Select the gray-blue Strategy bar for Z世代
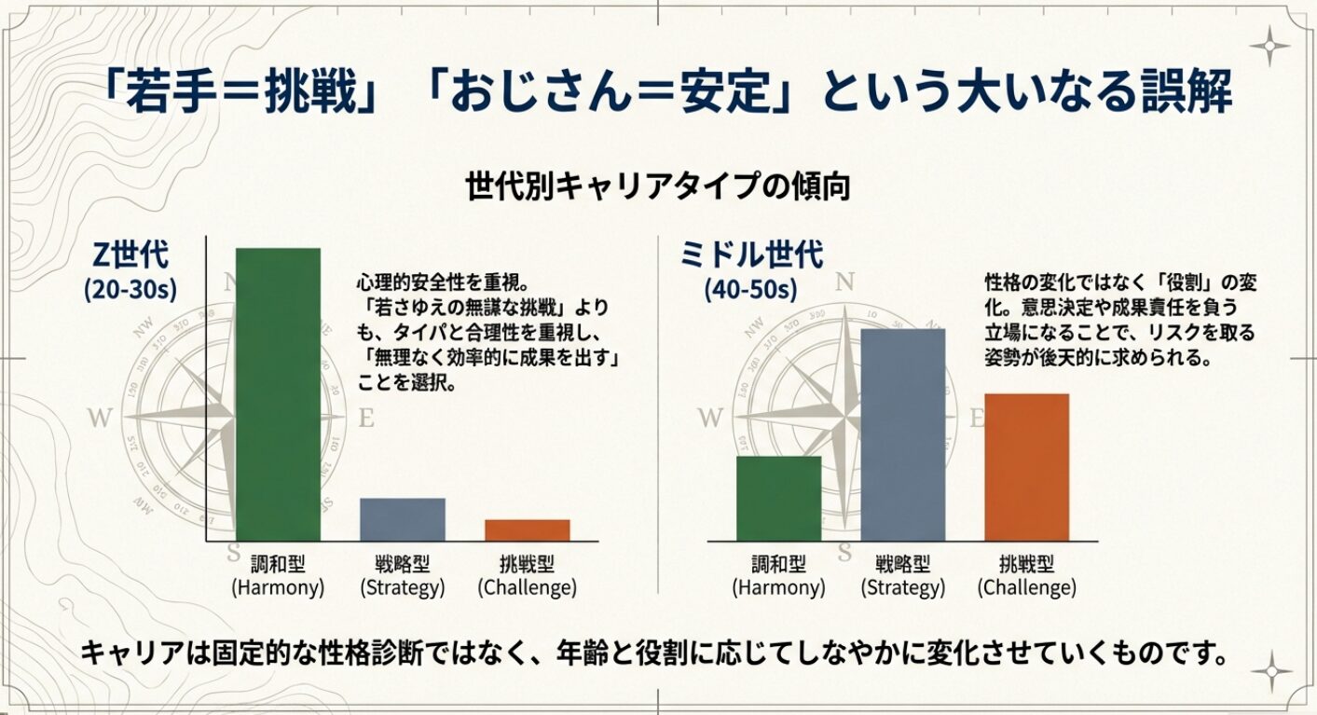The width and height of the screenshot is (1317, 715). tap(403, 519)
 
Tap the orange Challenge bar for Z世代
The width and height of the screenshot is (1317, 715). tap(527, 529)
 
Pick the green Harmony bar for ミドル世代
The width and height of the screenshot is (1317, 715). tap(778, 498)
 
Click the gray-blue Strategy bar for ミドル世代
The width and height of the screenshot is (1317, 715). tap(902, 434)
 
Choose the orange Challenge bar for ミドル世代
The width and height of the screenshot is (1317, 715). tap(1026, 466)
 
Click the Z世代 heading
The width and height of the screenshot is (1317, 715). tap(130, 254)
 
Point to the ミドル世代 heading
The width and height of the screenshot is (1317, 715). tap(752, 254)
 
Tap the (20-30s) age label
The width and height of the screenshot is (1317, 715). tap(130, 289)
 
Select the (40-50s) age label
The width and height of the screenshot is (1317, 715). tap(751, 289)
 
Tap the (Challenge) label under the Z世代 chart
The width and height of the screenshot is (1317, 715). tap(527, 588)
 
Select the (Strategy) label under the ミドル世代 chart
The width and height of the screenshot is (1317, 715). tap(902, 588)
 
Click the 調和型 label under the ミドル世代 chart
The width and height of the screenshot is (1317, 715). tap(778, 564)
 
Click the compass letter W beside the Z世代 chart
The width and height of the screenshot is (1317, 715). tap(100, 418)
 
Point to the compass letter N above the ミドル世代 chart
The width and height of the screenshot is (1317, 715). tap(845, 281)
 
